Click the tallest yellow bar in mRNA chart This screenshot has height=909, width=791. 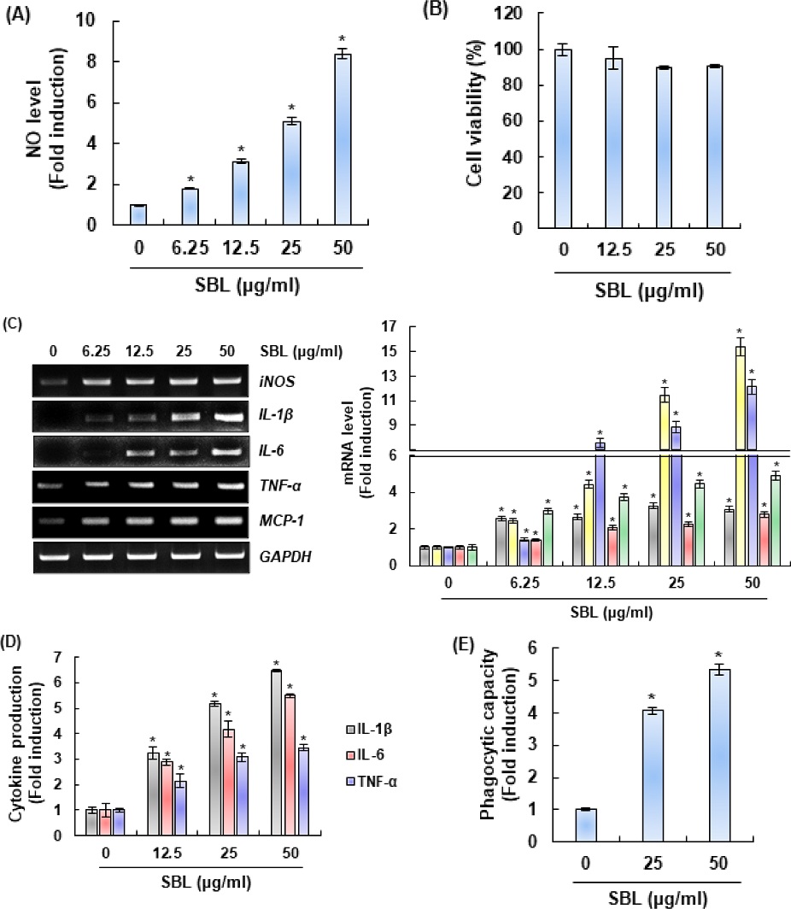pyautogui.click(x=741, y=453)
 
